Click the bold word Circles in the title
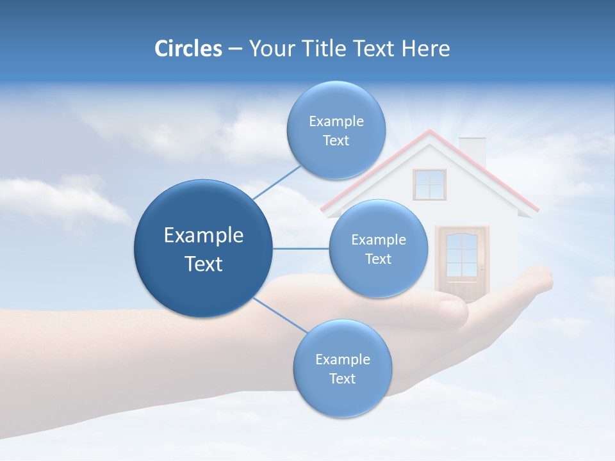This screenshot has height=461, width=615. [x=188, y=49]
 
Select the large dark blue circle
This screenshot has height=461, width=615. [x=203, y=248]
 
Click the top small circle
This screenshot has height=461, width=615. [x=336, y=131]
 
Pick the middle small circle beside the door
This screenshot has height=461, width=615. [x=378, y=249]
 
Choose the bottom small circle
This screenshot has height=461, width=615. [x=342, y=369]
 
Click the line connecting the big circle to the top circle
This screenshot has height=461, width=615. [x=276, y=182]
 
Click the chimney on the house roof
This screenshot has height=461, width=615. [x=473, y=150]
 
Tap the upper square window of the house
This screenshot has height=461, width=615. [x=429, y=184]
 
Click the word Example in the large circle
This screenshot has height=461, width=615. [x=204, y=236]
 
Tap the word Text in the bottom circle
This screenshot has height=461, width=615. [x=342, y=378]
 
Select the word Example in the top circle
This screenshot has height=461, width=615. [x=336, y=121]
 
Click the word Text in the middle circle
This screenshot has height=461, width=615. [x=378, y=259]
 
